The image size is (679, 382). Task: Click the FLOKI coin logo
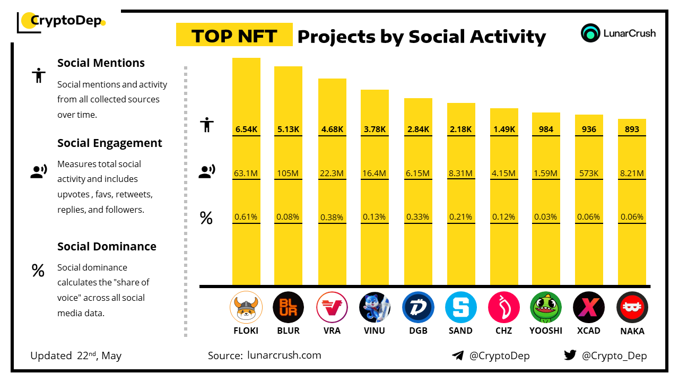click(x=246, y=307)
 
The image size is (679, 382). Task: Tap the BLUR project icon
click(x=288, y=307)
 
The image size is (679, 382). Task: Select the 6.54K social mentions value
click(x=246, y=129)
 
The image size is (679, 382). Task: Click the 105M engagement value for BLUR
click(x=288, y=173)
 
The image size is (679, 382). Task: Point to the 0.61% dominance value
click(x=246, y=217)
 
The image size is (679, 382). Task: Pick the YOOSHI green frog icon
click(x=546, y=307)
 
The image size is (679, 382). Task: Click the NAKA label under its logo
click(x=632, y=331)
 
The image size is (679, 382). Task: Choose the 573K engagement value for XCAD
click(x=589, y=173)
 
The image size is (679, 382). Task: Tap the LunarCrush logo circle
click(x=590, y=33)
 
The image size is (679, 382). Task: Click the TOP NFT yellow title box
click(x=234, y=35)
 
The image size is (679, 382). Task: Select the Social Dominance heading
click(x=107, y=246)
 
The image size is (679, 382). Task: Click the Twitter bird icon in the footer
click(x=570, y=355)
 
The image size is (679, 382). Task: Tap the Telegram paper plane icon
click(x=458, y=355)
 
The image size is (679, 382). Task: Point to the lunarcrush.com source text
click(x=284, y=355)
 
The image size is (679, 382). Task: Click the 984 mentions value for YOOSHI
click(x=546, y=129)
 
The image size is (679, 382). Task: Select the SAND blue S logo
click(x=460, y=307)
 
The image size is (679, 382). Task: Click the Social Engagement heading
click(x=110, y=143)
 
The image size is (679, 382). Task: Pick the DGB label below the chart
click(x=417, y=331)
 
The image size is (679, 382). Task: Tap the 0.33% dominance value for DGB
click(x=417, y=217)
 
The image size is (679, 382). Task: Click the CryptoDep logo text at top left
click(x=66, y=21)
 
